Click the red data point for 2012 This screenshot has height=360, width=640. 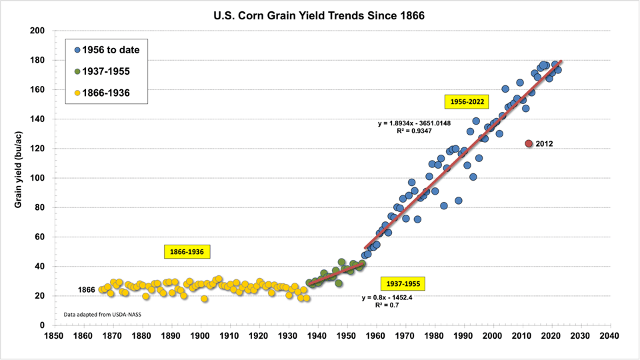[529, 143]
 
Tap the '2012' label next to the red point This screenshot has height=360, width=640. [544, 143]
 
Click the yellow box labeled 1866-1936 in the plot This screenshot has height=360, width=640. [187, 251]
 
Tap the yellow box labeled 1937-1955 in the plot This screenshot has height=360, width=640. [403, 283]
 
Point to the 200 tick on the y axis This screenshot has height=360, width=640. [37, 31]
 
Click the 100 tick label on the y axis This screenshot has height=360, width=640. [37, 178]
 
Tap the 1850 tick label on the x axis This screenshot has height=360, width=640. [54, 336]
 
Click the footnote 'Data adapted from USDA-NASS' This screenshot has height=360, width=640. [97, 313]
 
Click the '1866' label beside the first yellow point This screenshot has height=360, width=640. [87, 291]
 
